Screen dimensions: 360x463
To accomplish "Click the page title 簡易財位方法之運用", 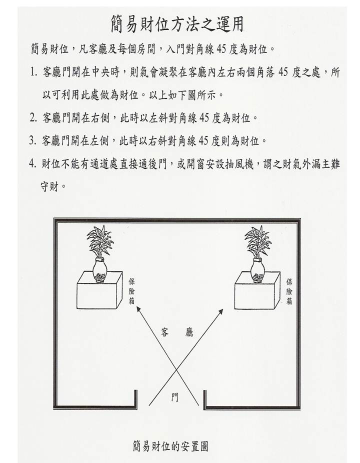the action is [177, 24].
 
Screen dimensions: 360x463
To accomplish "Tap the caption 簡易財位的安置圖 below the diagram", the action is [170, 446].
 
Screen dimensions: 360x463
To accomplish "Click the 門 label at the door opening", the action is [175, 397].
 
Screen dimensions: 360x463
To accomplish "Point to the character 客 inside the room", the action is [165, 332].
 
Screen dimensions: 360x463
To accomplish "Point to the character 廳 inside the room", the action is [189, 332].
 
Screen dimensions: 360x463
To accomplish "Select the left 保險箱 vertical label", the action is [131, 291].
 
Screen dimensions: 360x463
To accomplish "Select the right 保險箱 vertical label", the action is [289, 291].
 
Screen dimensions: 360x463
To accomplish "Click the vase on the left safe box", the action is [100, 269].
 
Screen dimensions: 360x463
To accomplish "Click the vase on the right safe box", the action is [257, 269].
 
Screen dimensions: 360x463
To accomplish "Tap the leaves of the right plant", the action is [257, 241].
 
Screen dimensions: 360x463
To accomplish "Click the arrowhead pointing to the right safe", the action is [221, 311].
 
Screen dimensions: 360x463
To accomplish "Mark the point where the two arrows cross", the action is [176, 369].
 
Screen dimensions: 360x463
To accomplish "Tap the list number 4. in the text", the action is [33, 164].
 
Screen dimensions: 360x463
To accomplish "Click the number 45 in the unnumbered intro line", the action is [222, 49].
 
